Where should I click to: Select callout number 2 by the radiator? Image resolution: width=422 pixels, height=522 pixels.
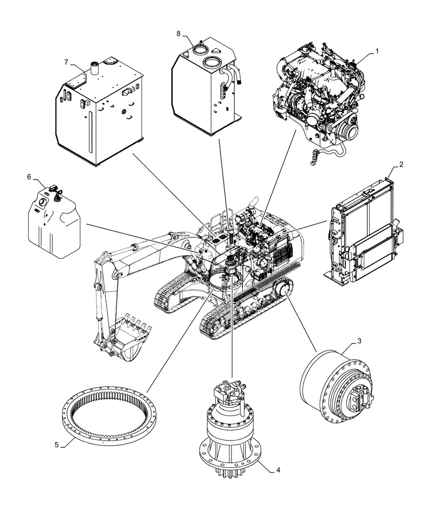click(400, 165)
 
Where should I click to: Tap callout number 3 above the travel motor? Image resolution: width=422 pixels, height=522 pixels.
click(358, 341)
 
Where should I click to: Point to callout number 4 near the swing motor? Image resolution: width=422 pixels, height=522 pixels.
click(278, 469)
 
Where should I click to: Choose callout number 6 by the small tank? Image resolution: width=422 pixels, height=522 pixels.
click(30, 177)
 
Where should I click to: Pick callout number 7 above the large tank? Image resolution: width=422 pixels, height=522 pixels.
click(66, 62)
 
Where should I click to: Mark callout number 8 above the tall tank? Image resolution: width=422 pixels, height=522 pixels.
click(179, 33)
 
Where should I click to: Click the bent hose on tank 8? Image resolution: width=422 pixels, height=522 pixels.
click(235, 76)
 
